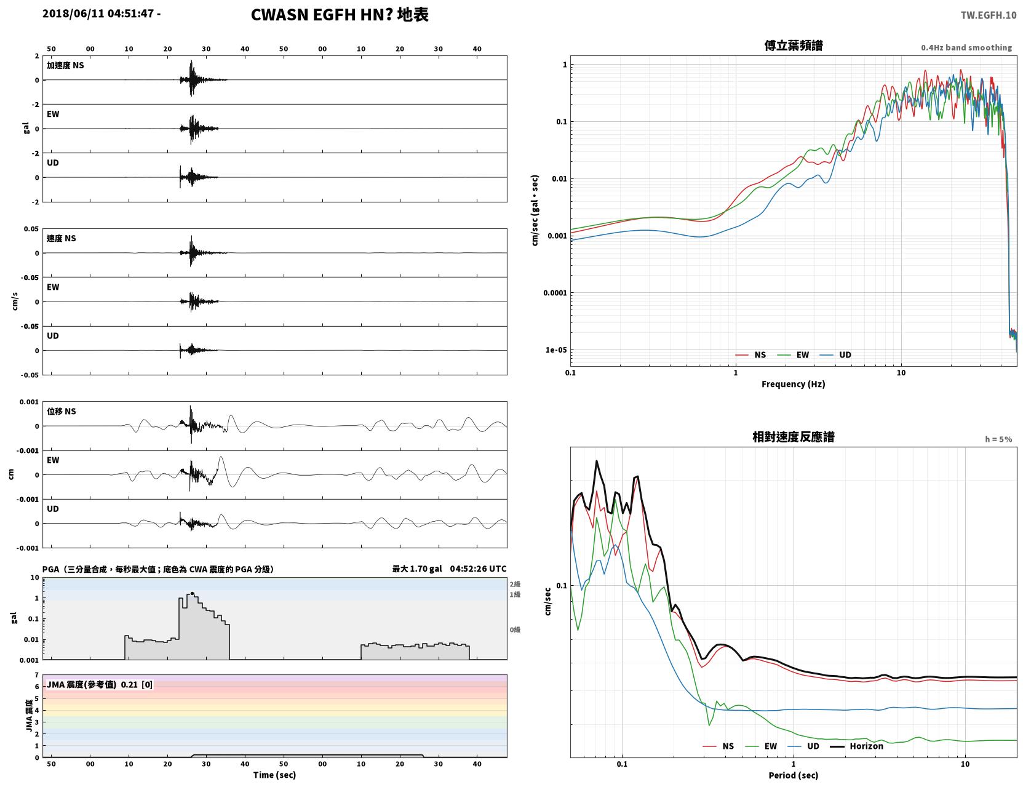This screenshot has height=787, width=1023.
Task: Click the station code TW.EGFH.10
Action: (x=988, y=15)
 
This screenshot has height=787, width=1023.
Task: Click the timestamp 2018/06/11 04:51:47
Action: (x=98, y=13)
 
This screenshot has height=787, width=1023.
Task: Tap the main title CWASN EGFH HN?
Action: (x=322, y=15)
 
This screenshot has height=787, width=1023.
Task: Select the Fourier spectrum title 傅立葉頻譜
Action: (x=794, y=46)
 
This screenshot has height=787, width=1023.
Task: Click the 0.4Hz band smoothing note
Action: (x=966, y=47)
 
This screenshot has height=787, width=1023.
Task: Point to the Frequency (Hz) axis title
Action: (x=794, y=384)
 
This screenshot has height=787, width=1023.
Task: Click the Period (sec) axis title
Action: (x=794, y=775)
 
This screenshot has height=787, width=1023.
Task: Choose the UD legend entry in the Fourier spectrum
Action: (x=835, y=355)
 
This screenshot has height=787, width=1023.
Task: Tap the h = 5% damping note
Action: (x=998, y=439)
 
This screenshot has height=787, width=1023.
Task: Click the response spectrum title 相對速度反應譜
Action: (x=794, y=437)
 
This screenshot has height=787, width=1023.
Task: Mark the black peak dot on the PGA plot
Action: (x=192, y=594)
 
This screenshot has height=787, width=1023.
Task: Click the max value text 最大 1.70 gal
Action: (x=417, y=569)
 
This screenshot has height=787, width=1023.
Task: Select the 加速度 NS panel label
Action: (x=65, y=65)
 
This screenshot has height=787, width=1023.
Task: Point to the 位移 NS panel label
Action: (x=61, y=412)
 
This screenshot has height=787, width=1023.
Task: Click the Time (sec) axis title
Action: (x=274, y=775)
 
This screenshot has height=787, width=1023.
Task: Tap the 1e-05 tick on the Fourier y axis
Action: (x=556, y=350)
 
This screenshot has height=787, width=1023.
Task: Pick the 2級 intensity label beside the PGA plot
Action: (x=515, y=584)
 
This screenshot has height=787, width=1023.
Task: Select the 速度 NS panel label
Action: (x=61, y=238)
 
